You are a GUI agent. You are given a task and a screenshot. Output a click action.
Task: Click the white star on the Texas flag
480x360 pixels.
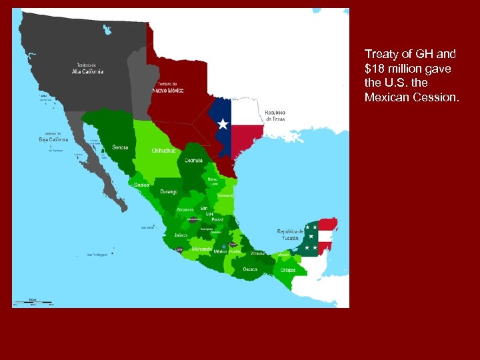coord(223,125)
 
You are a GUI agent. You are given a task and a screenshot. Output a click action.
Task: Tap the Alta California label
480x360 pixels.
coord(88,69)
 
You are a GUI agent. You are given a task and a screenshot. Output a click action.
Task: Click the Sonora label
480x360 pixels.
coord(121,147)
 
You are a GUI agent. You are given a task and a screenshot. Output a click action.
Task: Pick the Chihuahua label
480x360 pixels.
coord(163,151)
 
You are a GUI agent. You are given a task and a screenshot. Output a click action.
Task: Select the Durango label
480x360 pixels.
coord(169,191)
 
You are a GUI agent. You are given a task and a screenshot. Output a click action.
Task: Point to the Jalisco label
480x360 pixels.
coord(180,235)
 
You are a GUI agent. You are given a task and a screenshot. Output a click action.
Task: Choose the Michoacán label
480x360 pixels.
coord(201,249)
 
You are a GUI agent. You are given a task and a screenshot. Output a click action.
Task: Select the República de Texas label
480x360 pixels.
coord(275,116)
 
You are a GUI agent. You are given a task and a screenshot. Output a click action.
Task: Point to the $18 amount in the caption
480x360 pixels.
coord(376,69)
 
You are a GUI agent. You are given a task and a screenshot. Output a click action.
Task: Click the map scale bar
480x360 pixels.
coord(39,302)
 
